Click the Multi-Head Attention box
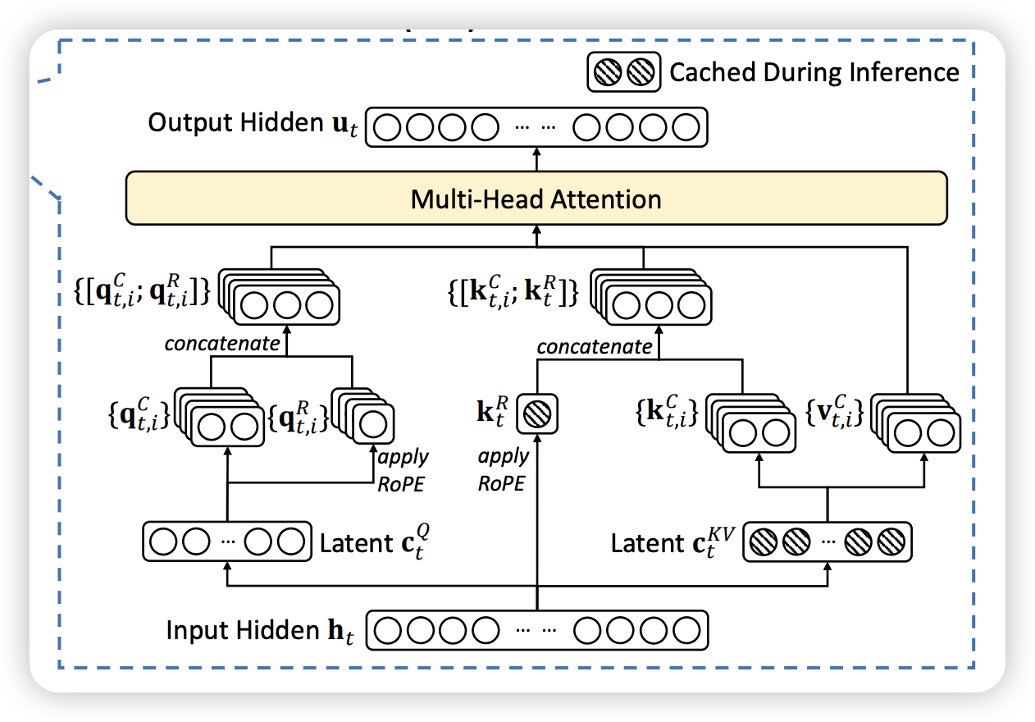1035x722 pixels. click(536, 199)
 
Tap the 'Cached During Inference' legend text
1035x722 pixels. click(814, 72)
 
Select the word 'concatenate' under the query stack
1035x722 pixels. click(222, 344)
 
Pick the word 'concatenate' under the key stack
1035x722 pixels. click(595, 347)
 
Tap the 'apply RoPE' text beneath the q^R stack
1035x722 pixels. click(403, 469)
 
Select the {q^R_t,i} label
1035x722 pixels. click(299, 418)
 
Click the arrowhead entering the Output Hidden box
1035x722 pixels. click(537, 153)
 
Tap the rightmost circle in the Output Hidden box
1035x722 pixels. click(686, 127)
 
